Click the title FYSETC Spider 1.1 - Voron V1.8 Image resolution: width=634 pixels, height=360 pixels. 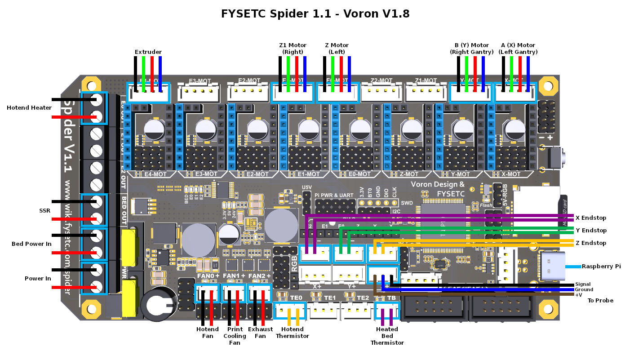(x=315, y=13)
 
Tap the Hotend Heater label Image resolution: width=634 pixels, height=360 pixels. (x=29, y=107)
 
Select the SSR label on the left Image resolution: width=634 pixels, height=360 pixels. (x=44, y=210)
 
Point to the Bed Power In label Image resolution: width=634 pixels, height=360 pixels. (x=31, y=244)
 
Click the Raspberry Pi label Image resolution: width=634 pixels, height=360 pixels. (x=601, y=266)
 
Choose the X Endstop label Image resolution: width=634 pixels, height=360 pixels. (x=590, y=218)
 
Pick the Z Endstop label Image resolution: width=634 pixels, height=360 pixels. (x=590, y=243)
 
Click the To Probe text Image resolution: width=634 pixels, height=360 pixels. (x=600, y=300)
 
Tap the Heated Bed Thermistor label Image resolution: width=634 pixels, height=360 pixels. (x=387, y=336)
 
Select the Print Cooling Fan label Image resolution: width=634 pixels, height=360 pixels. (x=235, y=336)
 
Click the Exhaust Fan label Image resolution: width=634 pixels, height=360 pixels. (x=261, y=333)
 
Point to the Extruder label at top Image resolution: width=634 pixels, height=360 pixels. (x=148, y=52)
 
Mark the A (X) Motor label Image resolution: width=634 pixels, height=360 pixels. (x=518, y=49)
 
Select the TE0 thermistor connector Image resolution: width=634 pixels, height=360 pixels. (x=289, y=310)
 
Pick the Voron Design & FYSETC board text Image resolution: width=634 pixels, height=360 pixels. (x=438, y=189)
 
